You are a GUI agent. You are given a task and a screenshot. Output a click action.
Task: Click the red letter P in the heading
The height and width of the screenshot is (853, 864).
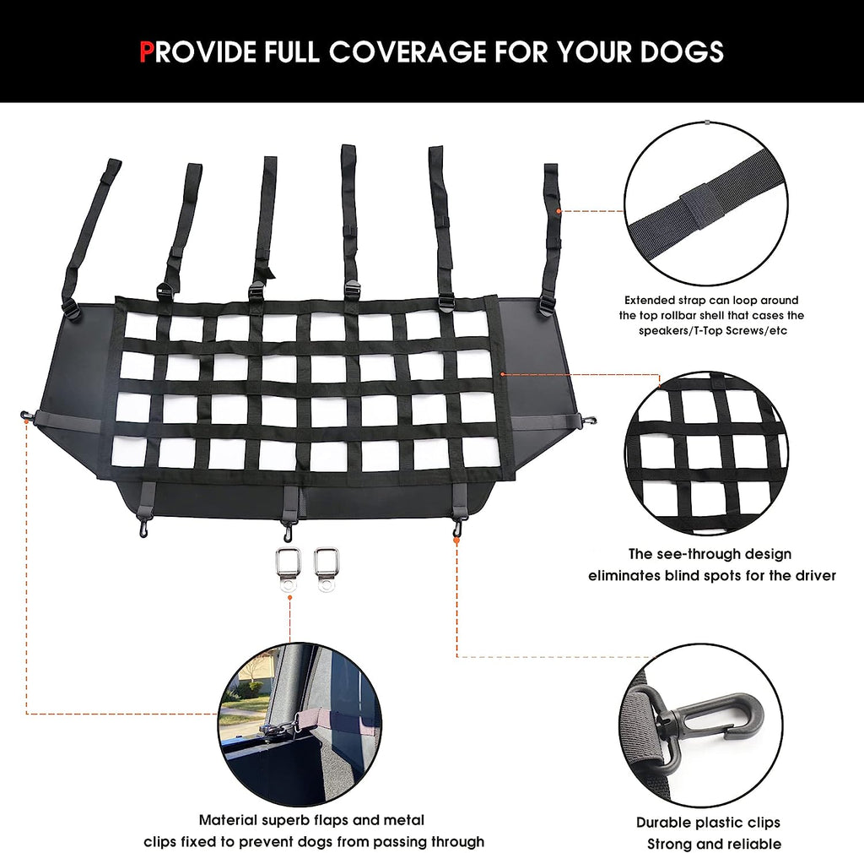(x=147, y=52)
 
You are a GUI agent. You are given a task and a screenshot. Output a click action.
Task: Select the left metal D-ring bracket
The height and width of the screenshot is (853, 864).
(x=289, y=569)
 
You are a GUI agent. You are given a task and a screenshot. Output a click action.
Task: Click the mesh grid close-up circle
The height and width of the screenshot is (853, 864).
(x=707, y=456)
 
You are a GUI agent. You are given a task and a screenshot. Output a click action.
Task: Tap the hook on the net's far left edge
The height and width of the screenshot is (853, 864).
(x=27, y=416)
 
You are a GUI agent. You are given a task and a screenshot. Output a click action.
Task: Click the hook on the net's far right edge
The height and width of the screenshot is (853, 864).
(x=591, y=419)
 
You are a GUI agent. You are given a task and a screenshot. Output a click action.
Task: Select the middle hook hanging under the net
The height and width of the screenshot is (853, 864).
(x=289, y=531)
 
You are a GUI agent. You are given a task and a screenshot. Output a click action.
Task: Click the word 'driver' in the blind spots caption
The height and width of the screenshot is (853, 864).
(x=812, y=575)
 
